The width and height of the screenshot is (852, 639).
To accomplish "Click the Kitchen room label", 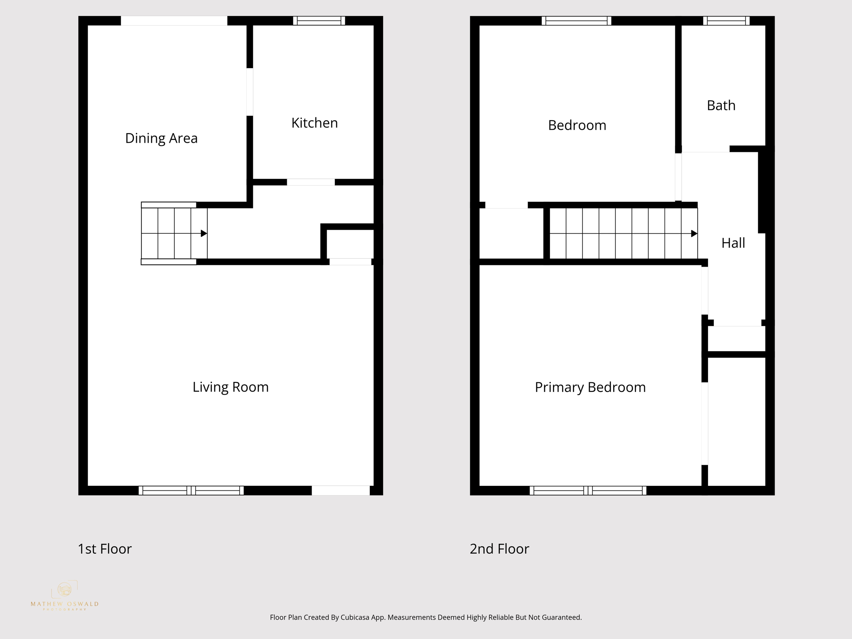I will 315,123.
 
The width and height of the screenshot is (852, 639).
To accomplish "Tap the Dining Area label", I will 161,138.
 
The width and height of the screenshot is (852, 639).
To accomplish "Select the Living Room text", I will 230,387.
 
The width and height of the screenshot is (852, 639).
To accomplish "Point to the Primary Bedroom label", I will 590,387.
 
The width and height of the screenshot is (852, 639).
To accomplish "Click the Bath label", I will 721,106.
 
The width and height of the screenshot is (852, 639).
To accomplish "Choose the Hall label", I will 733,243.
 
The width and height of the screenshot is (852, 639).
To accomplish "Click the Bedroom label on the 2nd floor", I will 577,125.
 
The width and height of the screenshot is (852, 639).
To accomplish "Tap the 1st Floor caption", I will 105,549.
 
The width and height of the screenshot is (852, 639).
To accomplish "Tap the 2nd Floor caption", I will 499,549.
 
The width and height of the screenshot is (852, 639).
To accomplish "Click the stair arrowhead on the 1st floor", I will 204,233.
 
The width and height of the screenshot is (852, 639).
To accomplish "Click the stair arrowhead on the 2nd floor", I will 694,234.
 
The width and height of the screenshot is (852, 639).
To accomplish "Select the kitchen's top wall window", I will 319,21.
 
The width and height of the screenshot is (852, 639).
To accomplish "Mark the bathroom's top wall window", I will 726,21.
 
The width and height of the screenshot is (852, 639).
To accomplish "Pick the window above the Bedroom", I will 576,21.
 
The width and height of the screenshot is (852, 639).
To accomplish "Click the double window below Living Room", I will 191,490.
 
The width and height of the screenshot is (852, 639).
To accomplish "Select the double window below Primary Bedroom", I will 588,490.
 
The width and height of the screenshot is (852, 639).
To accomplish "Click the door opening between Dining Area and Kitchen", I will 250,92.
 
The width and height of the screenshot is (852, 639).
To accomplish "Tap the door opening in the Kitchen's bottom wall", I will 311,182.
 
